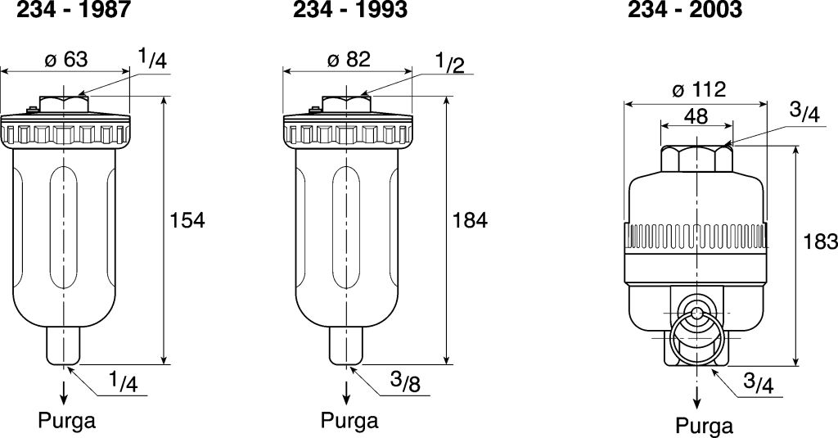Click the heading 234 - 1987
[74, 10]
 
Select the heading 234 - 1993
[350, 10]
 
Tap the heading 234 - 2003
[685, 10]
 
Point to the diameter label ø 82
[349, 60]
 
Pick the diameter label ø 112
[699, 89]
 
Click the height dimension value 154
[187, 219]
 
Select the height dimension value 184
[469, 219]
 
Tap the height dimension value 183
[820, 242]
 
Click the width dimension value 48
[696, 116]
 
